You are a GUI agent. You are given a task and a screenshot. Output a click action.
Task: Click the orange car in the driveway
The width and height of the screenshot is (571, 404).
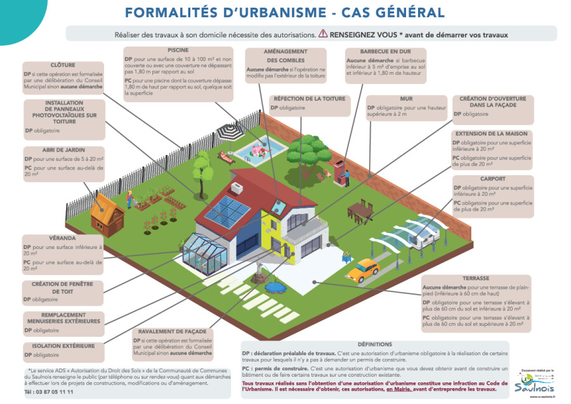[x=364, y=269]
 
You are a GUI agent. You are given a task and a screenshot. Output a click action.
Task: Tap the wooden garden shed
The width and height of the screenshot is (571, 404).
[x=106, y=212]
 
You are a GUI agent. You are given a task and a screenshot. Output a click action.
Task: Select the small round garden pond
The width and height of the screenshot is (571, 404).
[x=275, y=287]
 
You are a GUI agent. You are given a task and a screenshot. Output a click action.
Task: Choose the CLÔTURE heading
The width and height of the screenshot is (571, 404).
[x=63, y=65]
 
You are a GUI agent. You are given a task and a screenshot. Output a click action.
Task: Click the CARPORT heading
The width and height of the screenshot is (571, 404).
[x=492, y=179]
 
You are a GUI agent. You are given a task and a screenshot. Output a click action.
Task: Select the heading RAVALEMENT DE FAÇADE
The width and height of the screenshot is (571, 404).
[x=173, y=332]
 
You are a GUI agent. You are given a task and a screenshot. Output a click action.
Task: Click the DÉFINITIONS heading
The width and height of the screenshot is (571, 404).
[x=374, y=344]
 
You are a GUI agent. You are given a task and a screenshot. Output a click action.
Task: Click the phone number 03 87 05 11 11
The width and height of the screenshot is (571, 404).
[x=49, y=392]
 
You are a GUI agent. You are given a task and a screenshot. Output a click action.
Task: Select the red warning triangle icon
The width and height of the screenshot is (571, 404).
[x=323, y=33]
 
